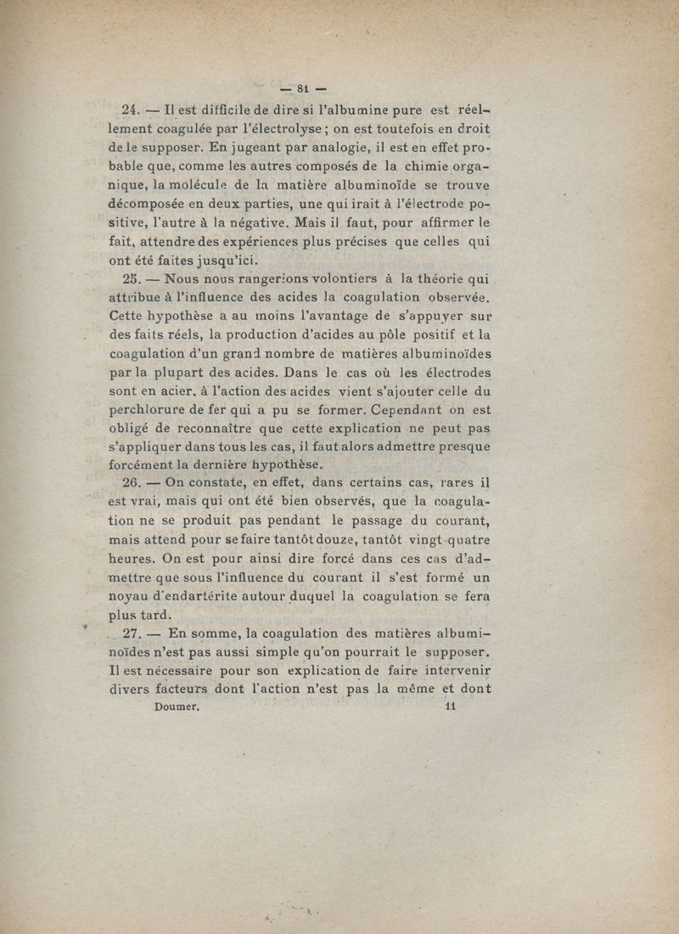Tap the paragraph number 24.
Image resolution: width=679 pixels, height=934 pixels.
131,110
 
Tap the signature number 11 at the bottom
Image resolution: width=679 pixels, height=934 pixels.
451,705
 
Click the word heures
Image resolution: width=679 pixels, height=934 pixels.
136,558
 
